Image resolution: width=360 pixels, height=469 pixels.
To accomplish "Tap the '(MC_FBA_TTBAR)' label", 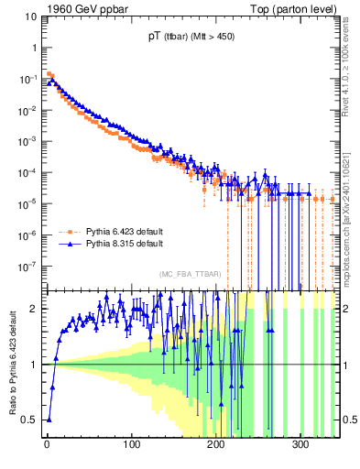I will (191, 275).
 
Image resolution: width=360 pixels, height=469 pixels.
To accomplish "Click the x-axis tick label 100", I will (132, 444).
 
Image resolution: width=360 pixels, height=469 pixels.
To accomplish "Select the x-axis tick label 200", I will (217, 444).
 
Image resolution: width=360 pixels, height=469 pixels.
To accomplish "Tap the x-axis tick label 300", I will (301, 444).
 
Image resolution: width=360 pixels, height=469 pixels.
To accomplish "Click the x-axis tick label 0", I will (47, 444).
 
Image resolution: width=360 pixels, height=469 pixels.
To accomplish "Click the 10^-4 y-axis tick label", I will (28, 172).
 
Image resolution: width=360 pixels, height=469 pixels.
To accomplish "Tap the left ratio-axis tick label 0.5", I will (31, 420).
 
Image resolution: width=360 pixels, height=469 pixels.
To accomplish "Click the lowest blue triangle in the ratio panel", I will (49, 420).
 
